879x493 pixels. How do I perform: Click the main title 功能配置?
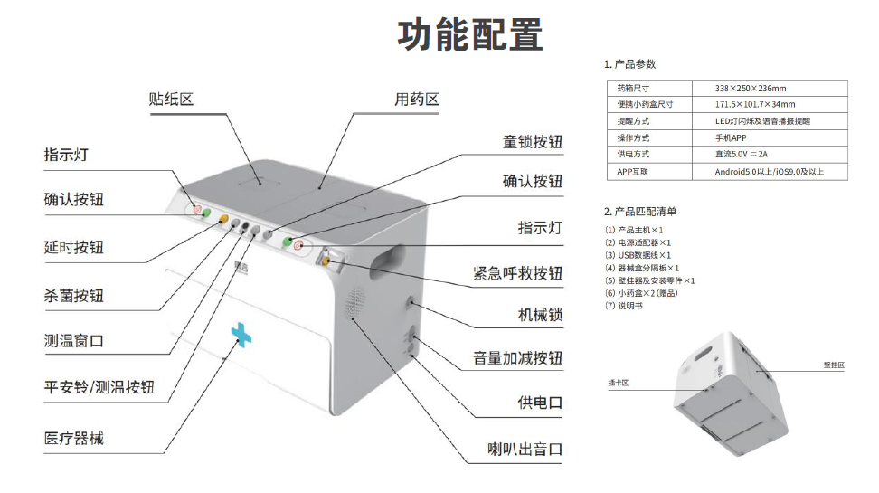click(470, 34)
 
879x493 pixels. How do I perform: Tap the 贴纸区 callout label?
click(172, 100)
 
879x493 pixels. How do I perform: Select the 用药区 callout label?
click(416, 100)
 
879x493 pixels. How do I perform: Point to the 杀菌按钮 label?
click(74, 296)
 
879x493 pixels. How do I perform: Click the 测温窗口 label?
click(74, 341)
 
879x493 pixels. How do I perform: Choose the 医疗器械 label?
click(74, 439)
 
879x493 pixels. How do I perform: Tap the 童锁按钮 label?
click(533, 142)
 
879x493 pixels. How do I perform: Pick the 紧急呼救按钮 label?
click(517, 272)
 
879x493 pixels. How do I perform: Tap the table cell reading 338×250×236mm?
click(751, 89)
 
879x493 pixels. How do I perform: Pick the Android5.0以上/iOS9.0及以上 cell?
click(769, 172)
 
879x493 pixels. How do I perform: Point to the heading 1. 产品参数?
click(629, 64)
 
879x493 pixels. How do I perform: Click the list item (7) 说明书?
click(623, 306)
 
